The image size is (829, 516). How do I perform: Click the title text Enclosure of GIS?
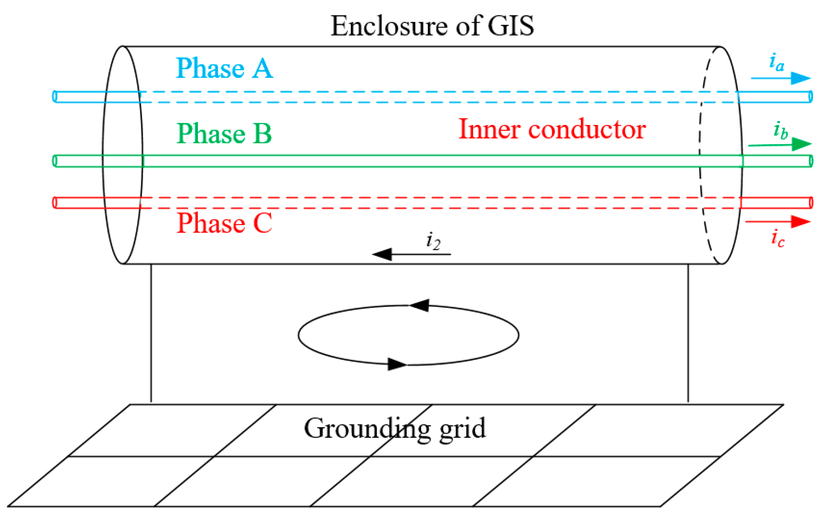coord(432,26)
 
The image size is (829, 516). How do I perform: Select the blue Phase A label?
coord(224,69)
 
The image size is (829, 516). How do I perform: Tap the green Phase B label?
coord(224,133)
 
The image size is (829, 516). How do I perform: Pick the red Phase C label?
coord(224,223)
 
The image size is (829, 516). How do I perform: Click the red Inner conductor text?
coord(552,129)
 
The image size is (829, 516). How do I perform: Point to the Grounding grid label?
coord(395,428)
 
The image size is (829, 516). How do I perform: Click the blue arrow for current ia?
coord(781,78)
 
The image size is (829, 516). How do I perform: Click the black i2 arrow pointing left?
coord(411,254)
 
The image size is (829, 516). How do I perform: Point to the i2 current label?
coord(433,241)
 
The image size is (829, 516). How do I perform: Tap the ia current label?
coord(776,62)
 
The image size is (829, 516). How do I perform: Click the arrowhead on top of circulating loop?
coord(419,305)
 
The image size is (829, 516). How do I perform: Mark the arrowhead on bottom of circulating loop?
coord(396,364)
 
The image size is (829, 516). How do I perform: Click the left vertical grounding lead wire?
coord(151,334)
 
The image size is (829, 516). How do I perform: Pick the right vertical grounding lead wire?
coord(688,334)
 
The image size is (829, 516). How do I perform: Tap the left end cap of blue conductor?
coord(55,97)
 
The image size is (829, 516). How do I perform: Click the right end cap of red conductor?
coord(811,203)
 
